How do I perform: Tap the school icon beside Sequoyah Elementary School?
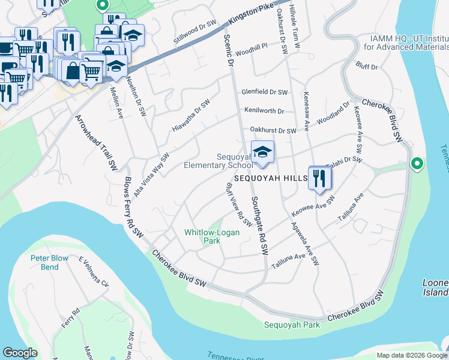pos(262,154)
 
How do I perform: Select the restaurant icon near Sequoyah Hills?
pos(319,178)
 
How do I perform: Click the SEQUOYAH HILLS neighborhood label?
pos(270,179)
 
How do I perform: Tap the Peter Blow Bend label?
pos(53,262)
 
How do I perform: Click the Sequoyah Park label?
pos(292,325)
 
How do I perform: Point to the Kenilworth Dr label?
pos(264,111)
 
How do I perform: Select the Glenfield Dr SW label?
pos(265,92)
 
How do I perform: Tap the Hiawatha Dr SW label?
pos(191,116)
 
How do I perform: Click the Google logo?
pos(20,353)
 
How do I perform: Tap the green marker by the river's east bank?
pos(417,163)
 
